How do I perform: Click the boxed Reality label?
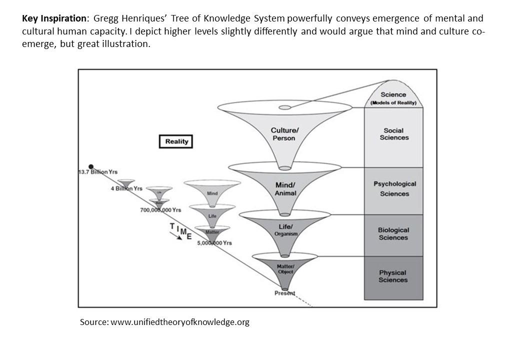[175, 141]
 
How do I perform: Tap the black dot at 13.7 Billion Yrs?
[91, 166]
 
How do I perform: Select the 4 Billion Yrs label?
[126, 188]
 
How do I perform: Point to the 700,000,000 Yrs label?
[160, 210]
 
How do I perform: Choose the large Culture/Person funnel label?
[284, 134]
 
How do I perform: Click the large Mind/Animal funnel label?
[285, 189]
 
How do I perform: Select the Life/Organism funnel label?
[285, 230]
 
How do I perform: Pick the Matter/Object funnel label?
[285, 269]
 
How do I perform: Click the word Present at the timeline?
[284, 293]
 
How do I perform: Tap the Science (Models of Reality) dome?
[393, 97]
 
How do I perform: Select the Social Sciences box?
[393, 134]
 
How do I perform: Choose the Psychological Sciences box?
[394, 189]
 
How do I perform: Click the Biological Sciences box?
[393, 234]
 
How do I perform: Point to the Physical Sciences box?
[393, 276]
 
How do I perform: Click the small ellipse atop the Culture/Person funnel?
[284, 107]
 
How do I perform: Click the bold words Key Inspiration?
[54, 19]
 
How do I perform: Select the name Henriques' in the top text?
[137, 19]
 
